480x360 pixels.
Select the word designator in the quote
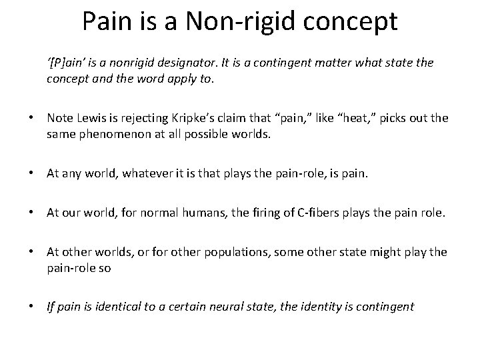[x=214, y=62]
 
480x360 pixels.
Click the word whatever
[x=153, y=174]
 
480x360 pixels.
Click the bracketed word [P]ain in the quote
[x=69, y=62]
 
